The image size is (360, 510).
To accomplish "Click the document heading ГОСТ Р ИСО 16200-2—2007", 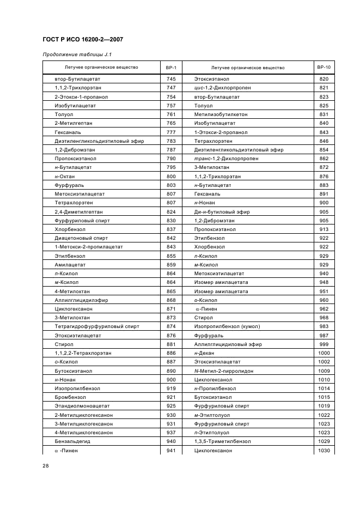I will (x=82, y=39).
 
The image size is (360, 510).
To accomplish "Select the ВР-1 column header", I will (x=170, y=68).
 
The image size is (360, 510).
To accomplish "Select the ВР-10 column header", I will (x=324, y=68).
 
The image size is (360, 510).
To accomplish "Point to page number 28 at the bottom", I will (x=45, y=466).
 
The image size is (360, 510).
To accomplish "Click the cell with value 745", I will (x=170, y=79).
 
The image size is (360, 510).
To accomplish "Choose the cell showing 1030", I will (x=324, y=451).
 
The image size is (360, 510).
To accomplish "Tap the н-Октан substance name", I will (x=65, y=177).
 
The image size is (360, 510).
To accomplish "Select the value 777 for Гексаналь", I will (x=170, y=132).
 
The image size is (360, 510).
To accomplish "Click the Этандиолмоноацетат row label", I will (x=78, y=406).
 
